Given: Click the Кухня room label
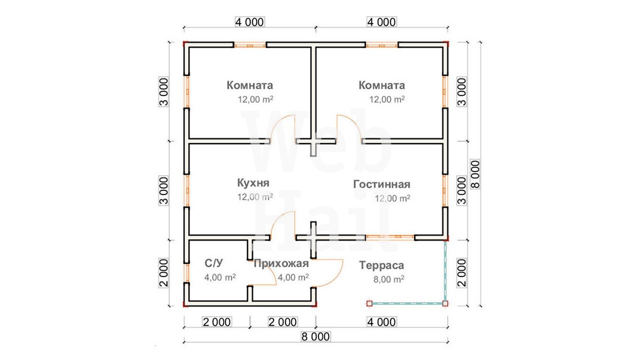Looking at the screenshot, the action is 253,183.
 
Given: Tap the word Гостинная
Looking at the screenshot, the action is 381,184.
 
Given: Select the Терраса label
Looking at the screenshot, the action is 381,265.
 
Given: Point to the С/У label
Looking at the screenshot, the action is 213,263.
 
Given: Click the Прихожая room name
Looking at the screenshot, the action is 281,263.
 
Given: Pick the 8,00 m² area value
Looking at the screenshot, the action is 388,279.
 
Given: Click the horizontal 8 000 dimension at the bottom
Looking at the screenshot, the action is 315,336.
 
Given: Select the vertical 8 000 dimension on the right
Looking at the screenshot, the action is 475,174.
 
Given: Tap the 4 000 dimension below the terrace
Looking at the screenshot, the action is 381,322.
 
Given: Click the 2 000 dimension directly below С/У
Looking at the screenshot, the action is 217,322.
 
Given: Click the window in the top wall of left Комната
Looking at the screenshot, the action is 250,45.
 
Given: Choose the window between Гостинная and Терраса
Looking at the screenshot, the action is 390,237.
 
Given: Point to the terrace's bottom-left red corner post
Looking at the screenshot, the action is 369,303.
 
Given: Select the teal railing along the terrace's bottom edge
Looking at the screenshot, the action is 407,303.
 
